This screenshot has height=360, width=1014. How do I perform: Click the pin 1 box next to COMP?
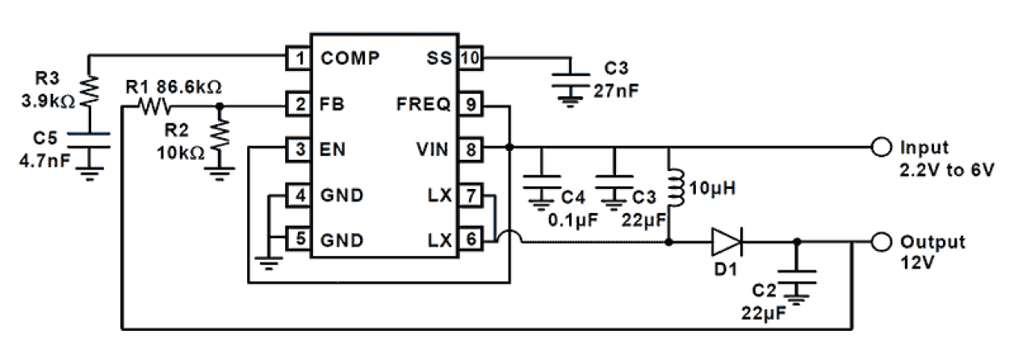(x=300, y=58)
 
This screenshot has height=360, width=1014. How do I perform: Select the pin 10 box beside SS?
(x=468, y=58)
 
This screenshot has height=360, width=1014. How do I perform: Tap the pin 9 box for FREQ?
(x=468, y=103)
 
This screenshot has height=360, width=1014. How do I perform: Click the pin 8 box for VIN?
(x=468, y=149)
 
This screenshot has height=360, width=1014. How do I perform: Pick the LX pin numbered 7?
(x=468, y=195)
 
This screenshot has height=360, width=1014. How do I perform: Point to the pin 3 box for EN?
(x=300, y=149)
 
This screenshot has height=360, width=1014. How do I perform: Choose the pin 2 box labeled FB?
(x=300, y=103)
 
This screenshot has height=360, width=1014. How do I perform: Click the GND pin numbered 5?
(x=300, y=240)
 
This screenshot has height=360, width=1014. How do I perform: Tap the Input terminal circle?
(x=880, y=149)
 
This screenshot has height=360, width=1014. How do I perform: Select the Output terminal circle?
(x=880, y=241)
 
